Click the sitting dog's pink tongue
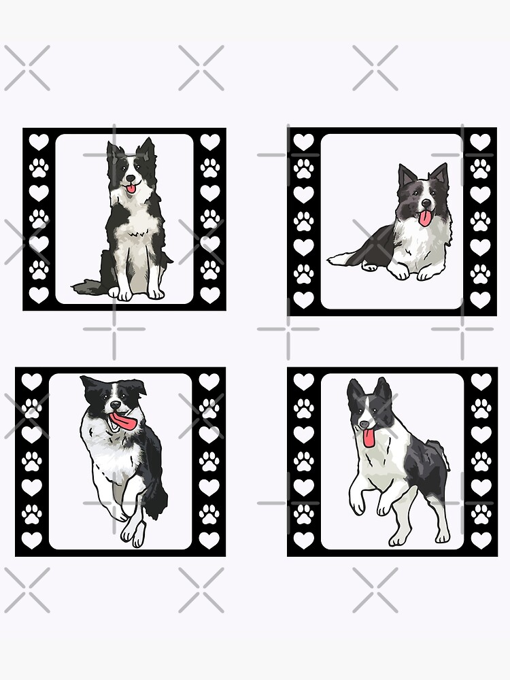tap(131, 188)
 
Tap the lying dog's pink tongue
tap(425, 218)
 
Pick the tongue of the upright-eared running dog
tap(369, 437)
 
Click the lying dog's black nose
tap(425, 204)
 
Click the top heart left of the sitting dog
tap(39, 142)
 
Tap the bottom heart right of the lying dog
tap(481, 299)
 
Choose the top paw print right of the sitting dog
tap(210, 167)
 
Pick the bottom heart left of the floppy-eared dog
tap(31, 540)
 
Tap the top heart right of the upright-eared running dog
tap(481, 381)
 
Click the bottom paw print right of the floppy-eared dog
tap(209, 514)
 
